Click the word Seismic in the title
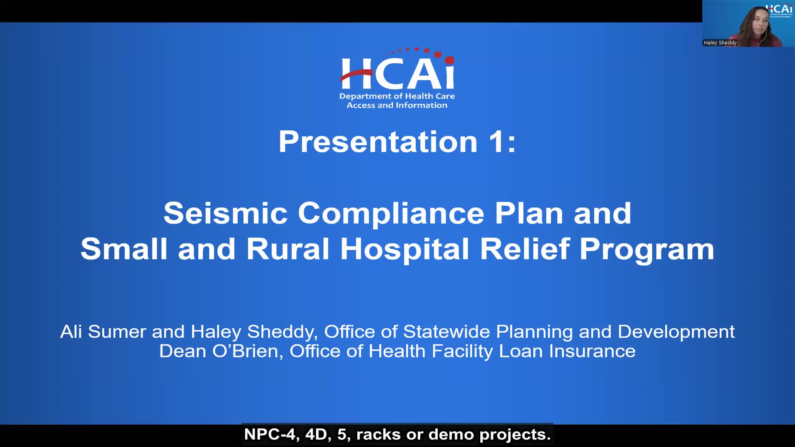coord(225,213)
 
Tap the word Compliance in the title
coord(391,213)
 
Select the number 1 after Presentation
coord(496,142)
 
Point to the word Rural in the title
coord(288,249)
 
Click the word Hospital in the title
coord(405,249)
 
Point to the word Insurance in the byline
coord(592,351)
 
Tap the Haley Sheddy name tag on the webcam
coord(720,43)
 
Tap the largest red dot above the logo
coord(450,60)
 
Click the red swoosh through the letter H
coord(355,75)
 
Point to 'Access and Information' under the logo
coord(397,106)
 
